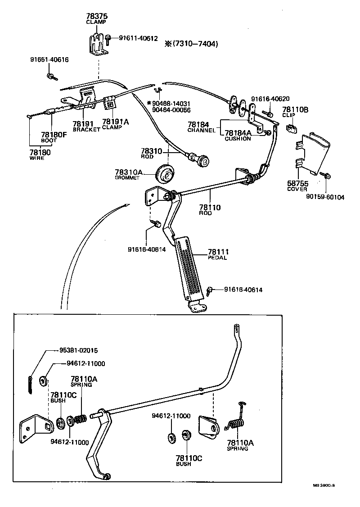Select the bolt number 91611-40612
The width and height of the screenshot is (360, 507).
[138, 38]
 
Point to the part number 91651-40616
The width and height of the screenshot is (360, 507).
[49, 59]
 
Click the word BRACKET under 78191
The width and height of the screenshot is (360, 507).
[86, 130]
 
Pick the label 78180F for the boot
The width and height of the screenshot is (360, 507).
[52, 135]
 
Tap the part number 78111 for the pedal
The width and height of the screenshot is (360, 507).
[218, 252]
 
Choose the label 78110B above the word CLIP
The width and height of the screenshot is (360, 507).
[295, 109]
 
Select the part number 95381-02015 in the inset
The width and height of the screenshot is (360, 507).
[79, 350]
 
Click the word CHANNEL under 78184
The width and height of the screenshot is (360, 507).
[202, 130]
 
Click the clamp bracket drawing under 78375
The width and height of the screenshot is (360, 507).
[95, 45]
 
